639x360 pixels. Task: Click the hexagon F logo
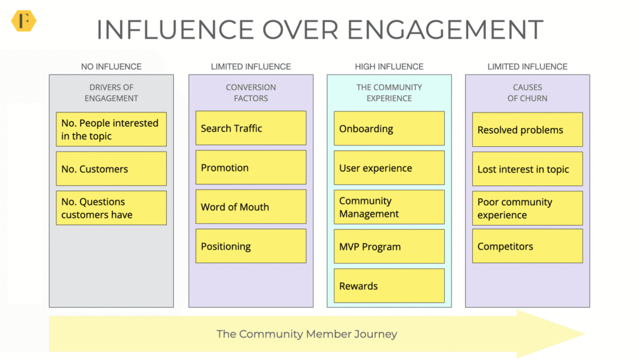point(24,20)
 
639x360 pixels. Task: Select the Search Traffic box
point(251,128)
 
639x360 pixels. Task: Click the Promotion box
point(251,168)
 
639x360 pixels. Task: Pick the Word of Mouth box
point(251,207)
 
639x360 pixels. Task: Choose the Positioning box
point(251,246)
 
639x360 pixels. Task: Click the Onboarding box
point(389,128)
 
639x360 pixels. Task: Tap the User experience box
point(389,168)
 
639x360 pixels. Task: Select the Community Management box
point(389,207)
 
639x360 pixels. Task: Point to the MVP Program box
point(389,247)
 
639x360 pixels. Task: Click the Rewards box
point(389,286)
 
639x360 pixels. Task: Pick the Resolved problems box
point(527,130)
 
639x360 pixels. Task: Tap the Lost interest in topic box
point(527,169)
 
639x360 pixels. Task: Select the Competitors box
point(527,246)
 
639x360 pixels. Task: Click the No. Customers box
point(111,169)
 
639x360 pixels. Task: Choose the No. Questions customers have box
point(111,208)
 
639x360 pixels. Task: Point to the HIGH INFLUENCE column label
point(389,66)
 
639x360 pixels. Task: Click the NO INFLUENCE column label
point(111,66)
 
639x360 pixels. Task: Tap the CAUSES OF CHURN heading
point(527,92)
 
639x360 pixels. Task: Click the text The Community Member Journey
point(307,334)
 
